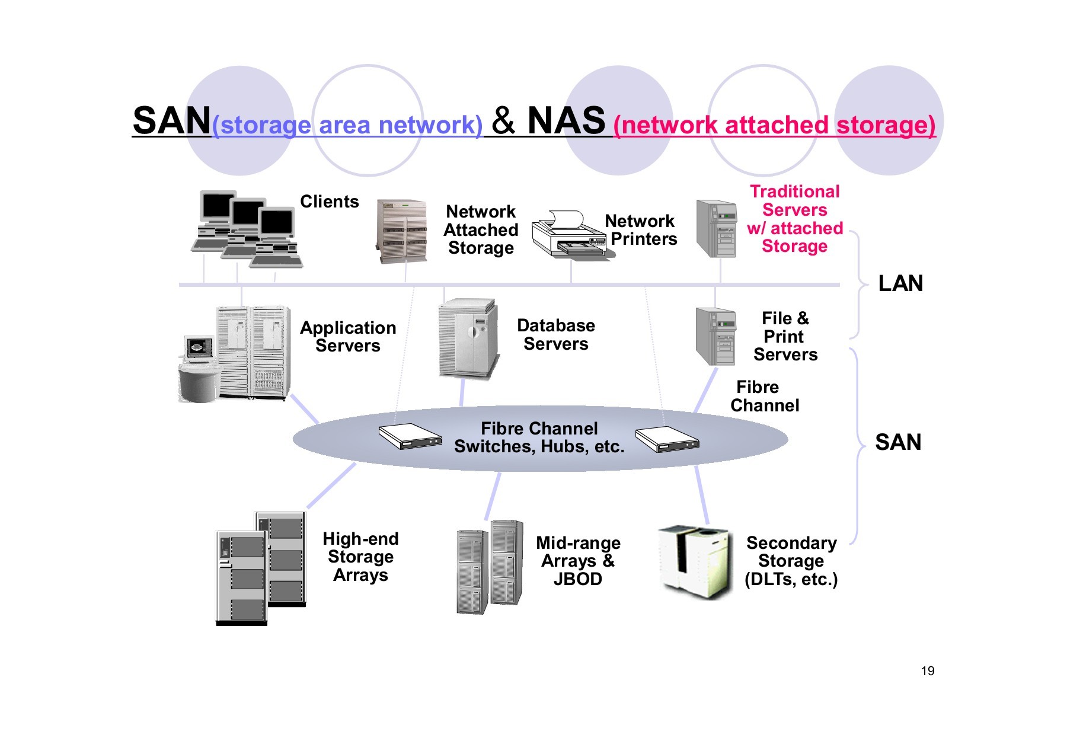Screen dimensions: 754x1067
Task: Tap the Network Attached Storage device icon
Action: [x=402, y=231]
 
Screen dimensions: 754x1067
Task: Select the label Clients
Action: [x=329, y=202]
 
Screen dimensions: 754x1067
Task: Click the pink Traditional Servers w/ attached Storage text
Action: [x=794, y=219]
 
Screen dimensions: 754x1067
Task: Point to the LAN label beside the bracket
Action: [x=900, y=283]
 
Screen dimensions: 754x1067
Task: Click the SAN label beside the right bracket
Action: [x=897, y=442]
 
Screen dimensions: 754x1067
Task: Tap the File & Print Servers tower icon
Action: [x=715, y=337]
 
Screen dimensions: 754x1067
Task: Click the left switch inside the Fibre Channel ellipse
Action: [x=410, y=437]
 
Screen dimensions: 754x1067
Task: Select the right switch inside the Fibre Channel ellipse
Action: [x=667, y=439]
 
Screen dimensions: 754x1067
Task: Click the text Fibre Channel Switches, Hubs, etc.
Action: [x=539, y=437]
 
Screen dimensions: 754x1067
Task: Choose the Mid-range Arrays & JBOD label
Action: [x=577, y=561]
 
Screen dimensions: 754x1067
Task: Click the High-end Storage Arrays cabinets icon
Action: [x=261, y=567]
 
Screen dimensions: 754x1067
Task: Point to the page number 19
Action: [x=927, y=671]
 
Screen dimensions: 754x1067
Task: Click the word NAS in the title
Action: [x=566, y=121]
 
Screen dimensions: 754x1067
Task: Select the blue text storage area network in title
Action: [x=347, y=125]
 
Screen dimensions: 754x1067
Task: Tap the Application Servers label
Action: [x=347, y=337]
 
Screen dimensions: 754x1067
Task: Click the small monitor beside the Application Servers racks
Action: [x=199, y=349]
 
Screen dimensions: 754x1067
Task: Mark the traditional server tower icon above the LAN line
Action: [x=716, y=228]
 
